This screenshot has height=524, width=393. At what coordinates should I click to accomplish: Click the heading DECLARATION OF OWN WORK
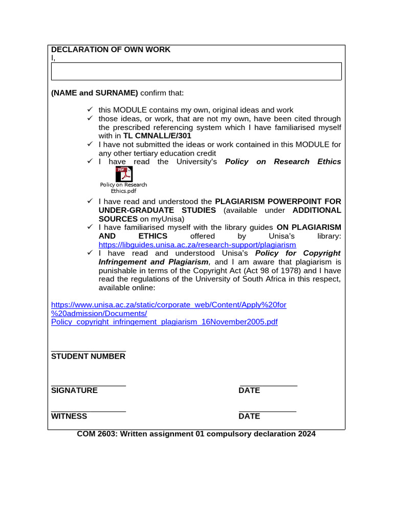[111, 50]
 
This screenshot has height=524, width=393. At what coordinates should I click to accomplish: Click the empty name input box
[196, 72]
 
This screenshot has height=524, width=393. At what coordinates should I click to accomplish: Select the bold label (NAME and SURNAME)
[94, 93]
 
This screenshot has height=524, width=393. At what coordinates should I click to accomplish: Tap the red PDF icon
[124, 174]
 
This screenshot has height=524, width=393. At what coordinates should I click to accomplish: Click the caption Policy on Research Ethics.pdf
[123, 188]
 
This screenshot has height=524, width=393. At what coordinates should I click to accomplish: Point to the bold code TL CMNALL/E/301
[157, 136]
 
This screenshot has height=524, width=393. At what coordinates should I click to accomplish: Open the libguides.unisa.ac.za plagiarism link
[197, 245]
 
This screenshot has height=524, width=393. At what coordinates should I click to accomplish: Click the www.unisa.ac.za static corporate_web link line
[169, 304]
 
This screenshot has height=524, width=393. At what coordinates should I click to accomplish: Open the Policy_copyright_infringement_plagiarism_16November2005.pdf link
[164, 322]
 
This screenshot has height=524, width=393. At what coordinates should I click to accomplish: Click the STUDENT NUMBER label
[88, 356]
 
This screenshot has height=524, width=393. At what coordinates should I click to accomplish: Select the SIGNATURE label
[74, 390]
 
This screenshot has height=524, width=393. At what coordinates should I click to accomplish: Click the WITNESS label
[69, 416]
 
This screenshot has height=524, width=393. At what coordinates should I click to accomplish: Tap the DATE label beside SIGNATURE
[249, 390]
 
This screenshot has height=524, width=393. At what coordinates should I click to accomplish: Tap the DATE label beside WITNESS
[249, 416]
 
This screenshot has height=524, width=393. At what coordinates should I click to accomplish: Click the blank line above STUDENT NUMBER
[89, 351]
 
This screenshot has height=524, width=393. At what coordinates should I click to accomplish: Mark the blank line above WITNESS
[89, 410]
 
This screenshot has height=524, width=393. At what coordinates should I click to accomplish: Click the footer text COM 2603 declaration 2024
[196, 434]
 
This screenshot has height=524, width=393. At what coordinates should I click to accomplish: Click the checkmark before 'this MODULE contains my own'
[90, 110]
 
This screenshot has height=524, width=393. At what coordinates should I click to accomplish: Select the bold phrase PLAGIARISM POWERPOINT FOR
[278, 201]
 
